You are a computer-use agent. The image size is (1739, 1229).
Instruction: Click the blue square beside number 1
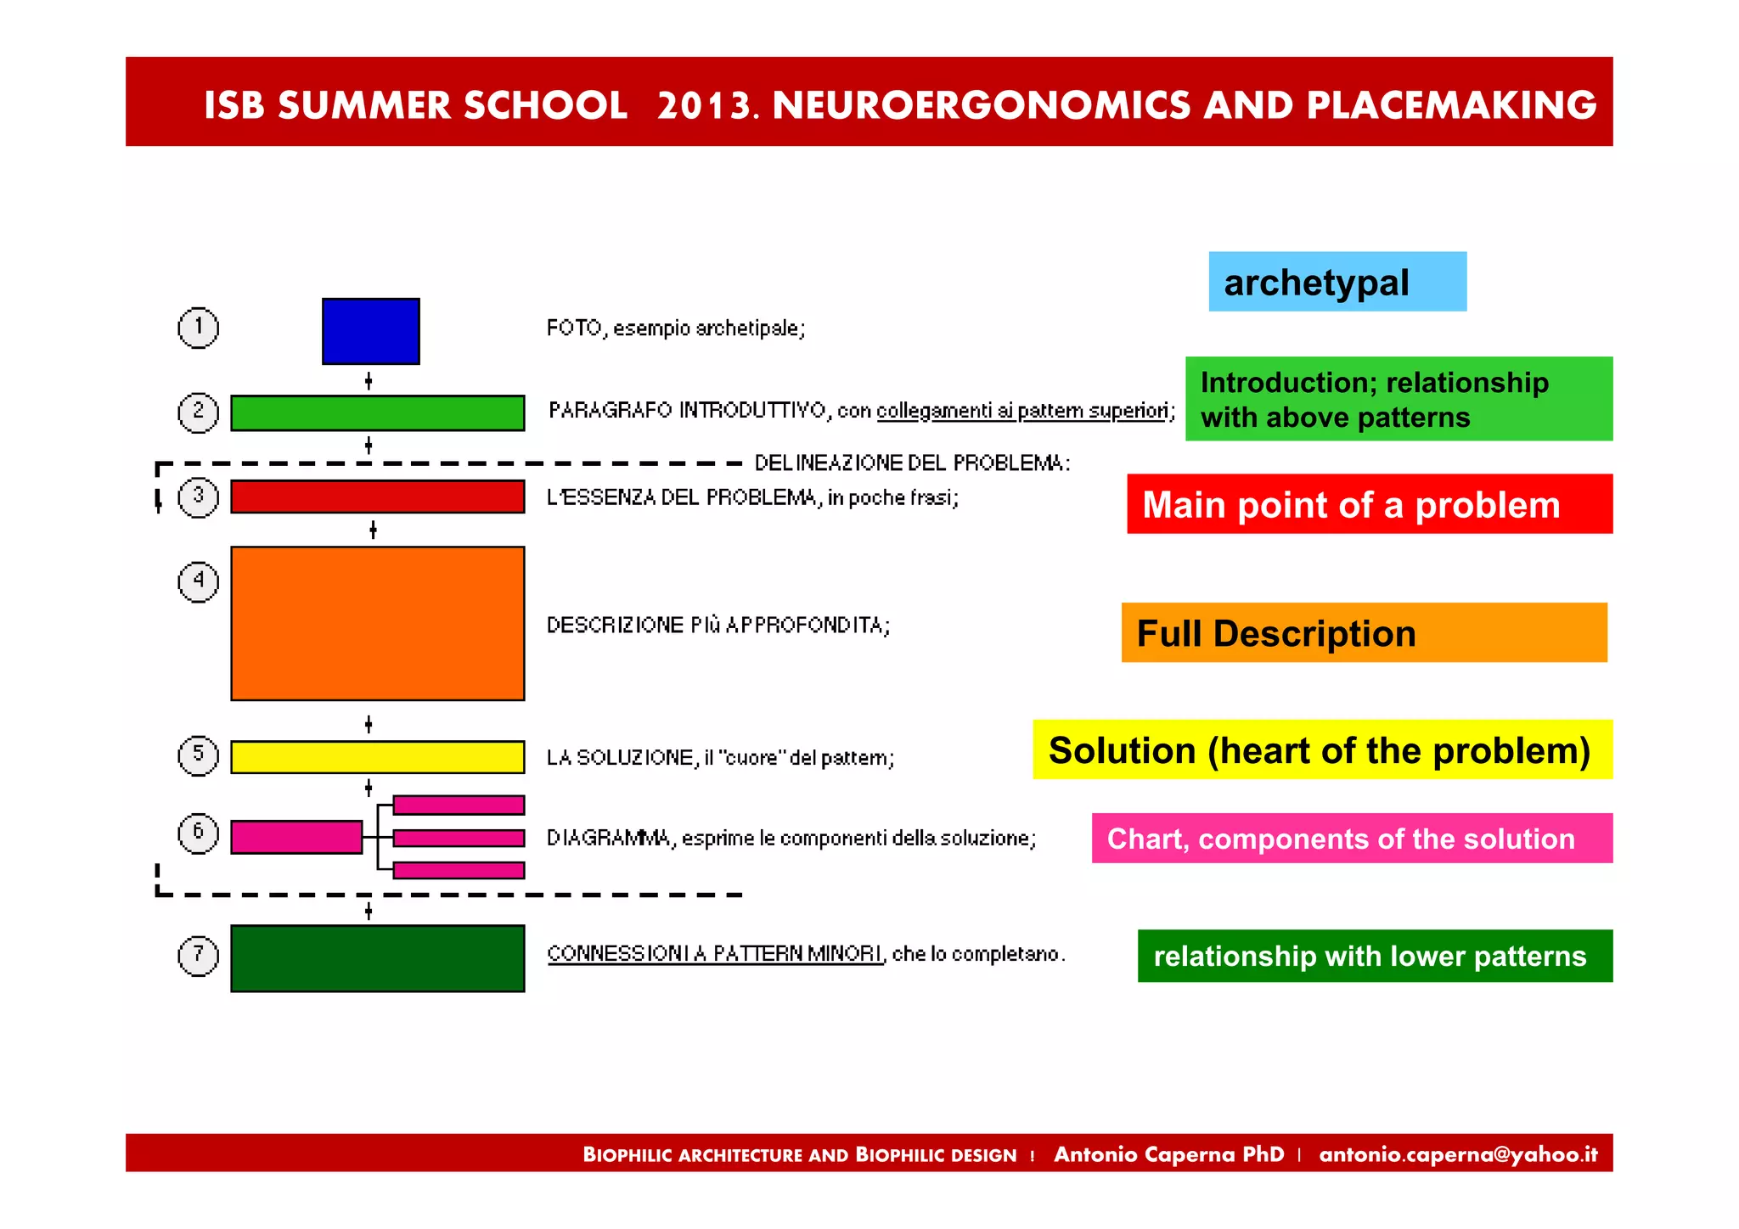point(370,331)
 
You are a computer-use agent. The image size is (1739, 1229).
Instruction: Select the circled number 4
point(198,581)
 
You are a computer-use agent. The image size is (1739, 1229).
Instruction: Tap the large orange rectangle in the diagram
point(377,623)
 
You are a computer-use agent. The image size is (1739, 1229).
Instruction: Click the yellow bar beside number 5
point(377,756)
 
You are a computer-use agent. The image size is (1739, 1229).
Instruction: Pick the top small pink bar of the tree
point(459,805)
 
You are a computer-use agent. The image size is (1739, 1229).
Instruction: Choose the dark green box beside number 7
point(377,957)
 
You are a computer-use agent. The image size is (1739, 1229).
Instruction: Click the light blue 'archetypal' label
point(1337,282)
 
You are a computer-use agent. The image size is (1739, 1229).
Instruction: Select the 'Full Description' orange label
point(1363,633)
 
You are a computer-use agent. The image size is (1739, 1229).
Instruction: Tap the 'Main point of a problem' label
point(1369,504)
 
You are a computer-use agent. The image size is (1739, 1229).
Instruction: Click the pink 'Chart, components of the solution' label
point(1351,839)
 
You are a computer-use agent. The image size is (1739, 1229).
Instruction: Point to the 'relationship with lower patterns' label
point(1374,956)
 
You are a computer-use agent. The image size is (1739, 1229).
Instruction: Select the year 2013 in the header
point(704,106)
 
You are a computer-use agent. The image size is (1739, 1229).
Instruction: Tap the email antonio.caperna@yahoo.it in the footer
point(1458,1154)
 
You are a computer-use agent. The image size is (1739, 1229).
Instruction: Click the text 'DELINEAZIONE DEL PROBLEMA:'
point(912,463)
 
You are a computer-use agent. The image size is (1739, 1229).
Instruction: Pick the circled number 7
point(198,955)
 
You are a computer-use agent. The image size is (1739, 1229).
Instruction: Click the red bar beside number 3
point(377,497)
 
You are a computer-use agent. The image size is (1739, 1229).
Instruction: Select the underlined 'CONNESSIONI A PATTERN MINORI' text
point(715,954)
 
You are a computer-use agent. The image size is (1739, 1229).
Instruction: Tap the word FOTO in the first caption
point(574,328)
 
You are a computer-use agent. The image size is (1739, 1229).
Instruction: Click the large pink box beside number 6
point(296,837)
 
